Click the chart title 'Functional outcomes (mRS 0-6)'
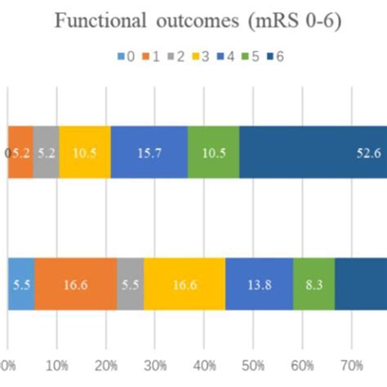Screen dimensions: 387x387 click(x=193, y=21)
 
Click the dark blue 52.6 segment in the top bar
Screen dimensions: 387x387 click(x=313, y=152)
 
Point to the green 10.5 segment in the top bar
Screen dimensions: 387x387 click(x=213, y=152)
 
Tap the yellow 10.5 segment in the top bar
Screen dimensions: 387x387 click(x=84, y=152)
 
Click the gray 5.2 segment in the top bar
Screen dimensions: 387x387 click(x=46, y=152)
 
